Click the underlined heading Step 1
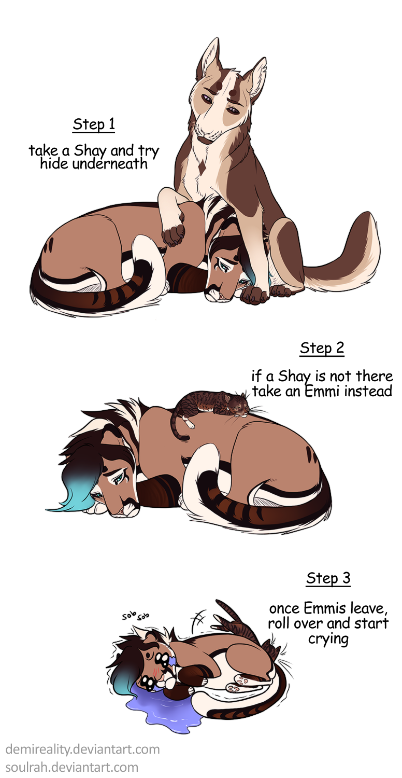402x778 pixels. [x=94, y=124]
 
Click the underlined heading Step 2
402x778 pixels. [x=322, y=349]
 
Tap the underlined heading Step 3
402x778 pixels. [x=328, y=578]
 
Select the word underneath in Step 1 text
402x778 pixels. [x=110, y=164]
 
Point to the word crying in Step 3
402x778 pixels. [x=328, y=640]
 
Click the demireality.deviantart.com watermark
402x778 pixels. [x=82, y=749]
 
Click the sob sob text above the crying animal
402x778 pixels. [x=135, y=616]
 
